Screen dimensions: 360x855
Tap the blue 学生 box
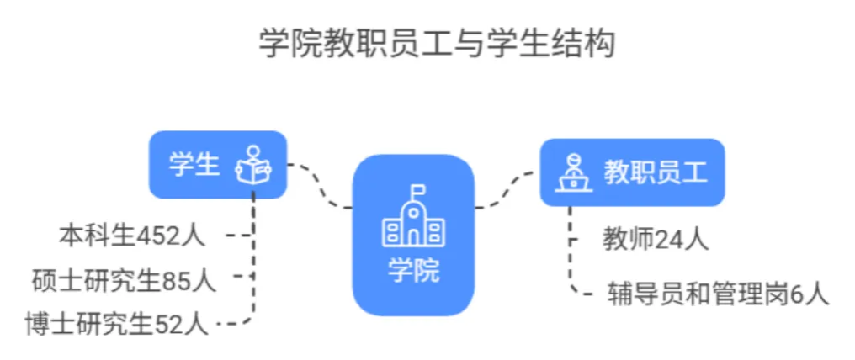(x=218, y=164)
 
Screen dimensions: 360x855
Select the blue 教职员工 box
(x=632, y=172)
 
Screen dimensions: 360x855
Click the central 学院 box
(x=413, y=235)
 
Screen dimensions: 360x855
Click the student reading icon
(x=252, y=164)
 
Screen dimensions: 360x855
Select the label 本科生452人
(x=132, y=236)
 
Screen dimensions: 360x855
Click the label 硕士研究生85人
(x=124, y=278)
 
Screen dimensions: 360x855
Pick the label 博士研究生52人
(x=118, y=321)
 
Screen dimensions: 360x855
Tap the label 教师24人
(x=656, y=240)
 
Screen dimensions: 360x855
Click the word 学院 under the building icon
(x=413, y=270)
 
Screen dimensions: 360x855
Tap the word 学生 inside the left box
(x=194, y=164)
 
